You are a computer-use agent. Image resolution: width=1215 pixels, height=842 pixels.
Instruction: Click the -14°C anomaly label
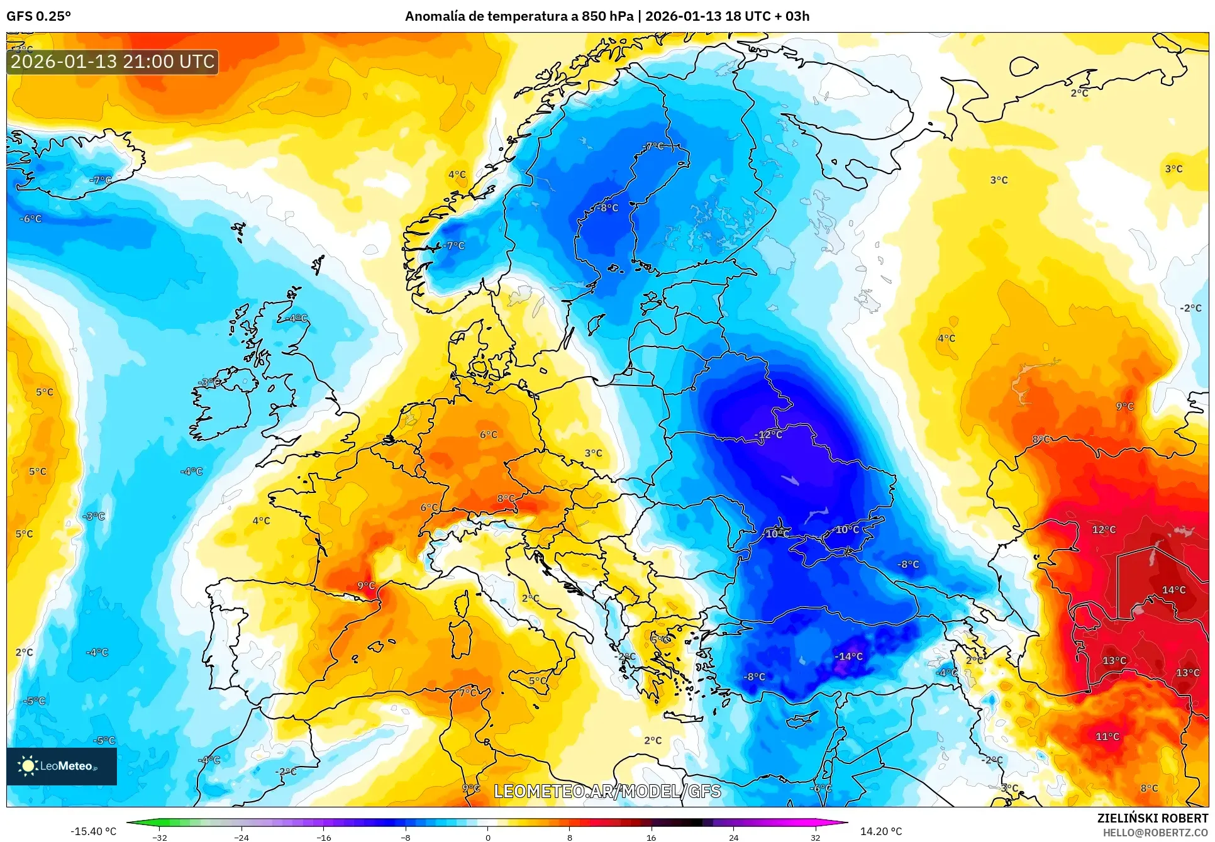click(x=849, y=656)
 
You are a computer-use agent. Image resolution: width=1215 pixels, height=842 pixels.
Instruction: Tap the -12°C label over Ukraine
click(x=768, y=435)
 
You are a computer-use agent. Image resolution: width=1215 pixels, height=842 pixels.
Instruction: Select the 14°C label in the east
click(x=1173, y=590)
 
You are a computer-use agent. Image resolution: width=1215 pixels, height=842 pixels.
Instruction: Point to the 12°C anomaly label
click(x=1104, y=530)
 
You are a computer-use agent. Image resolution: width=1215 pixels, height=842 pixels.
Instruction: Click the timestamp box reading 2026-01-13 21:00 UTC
click(x=113, y=62)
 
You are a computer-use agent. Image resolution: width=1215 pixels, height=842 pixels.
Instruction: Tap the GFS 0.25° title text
click(x=38, y=16)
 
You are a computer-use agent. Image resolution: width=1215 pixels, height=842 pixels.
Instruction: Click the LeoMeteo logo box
click(x=61, y=766)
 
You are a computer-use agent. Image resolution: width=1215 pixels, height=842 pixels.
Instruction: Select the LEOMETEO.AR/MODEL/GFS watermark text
click(x=607, y=791)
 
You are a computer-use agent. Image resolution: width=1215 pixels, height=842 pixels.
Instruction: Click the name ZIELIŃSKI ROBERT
click(x=1152, y=818)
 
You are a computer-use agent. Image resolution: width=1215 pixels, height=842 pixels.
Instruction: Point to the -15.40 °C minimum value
click(x=93, y=831)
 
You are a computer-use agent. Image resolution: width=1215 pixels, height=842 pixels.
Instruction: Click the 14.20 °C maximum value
click(x=880, y=831)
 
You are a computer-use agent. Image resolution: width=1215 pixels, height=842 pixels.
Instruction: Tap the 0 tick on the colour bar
click(x=487, y=837)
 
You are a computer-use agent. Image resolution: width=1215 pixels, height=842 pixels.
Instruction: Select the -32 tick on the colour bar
click(x=160, y=837)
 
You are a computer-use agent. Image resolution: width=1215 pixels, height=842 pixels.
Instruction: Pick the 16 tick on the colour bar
click(x=651, y=837)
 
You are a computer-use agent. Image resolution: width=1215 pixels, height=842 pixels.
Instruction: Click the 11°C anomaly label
click(x=1107, y=736)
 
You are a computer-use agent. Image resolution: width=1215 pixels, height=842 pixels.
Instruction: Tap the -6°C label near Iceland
click(x=31, y=219)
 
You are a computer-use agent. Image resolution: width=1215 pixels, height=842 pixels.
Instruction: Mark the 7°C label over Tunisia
click(x=467, y=692)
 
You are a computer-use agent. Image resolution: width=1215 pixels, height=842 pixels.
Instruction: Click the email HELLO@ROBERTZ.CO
click(x=1155, y=833)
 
